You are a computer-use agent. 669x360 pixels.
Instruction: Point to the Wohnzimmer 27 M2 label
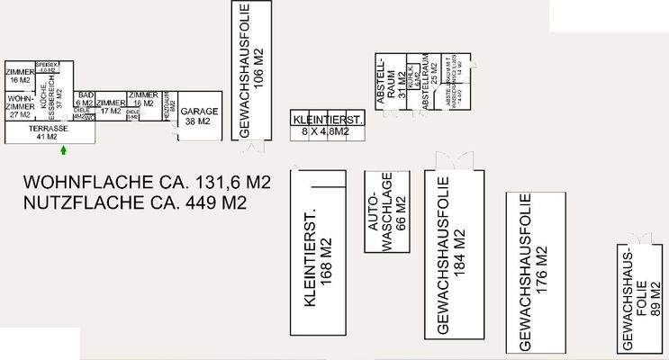(x=19, y=104)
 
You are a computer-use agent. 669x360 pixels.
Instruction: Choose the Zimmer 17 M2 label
(x=111, y=107)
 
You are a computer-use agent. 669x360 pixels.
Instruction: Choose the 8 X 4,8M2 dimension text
(x=328, y=131)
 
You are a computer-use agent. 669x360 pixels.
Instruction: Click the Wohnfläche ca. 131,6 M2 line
(x=148, y=183)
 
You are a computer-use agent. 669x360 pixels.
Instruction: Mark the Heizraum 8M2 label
(x=169, y=103)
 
